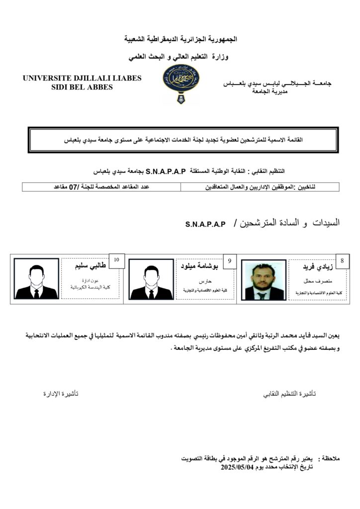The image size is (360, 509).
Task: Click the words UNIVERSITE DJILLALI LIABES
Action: pyautogui.click(x=82, y=78)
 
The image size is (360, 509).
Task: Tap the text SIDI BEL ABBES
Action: pyautogui.click(x=82, y=87)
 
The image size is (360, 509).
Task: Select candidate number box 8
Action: pyautogui.click(x=342, y=260)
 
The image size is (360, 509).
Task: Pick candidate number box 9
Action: pyautogui.click(x=229, y=260)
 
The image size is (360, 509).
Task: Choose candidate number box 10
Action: pyautogui.click(x=116, y=260)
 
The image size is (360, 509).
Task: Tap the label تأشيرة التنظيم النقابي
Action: pyautogui.click(x=289, y=394)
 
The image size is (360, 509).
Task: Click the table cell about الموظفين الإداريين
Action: pyautogui.click(x=260, y=187)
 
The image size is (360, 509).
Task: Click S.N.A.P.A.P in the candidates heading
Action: pyautogui.click(x=205, y=225)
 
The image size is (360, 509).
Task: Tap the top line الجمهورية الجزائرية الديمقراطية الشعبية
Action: pyautogui.click(x=180, y=39)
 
